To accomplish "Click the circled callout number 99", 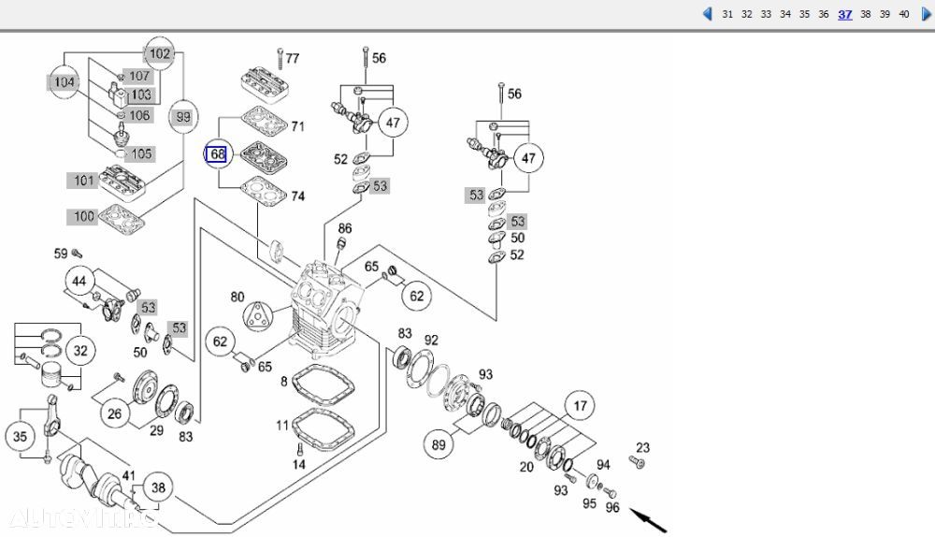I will (x=183, y=117).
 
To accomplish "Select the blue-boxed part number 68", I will (x=217, y=153).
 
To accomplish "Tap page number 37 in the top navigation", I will (x=845, y=14).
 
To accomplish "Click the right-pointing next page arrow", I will (x=927, y=14).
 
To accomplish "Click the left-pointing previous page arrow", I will (x=707, y=14).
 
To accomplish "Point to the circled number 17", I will (x=580, y=407).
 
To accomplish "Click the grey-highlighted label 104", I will (x=64, y=82).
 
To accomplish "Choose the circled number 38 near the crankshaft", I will (x=159, y=487).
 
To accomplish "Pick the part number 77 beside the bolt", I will (x=293, y=58).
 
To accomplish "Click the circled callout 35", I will (x=21, y=435).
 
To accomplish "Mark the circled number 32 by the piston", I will (x=80, y=351).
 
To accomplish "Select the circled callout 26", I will (x=114, y=414).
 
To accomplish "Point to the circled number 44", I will (x=80, y=282).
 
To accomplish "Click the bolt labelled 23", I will (x=639, y=463).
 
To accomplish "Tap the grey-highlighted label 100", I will (x=84, y=217).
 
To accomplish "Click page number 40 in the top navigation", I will (x=903, y=14).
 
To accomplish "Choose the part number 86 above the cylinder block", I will (x=345, y=228).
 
